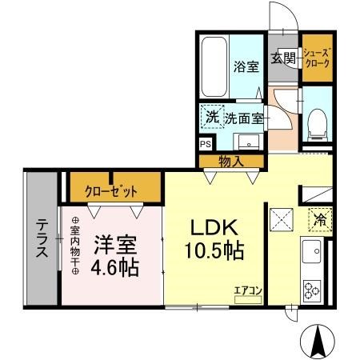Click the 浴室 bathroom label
pos(245,67)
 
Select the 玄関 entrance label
pos(282,58)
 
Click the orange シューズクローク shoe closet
pos(314,58)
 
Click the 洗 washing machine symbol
pos(211,118)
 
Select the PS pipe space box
pos(206,144)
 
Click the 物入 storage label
pos(231,162)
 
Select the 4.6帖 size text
pos(115,266)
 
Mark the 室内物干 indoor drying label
pos(75,246)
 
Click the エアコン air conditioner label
pos(248,292)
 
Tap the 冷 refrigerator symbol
pos(318,217)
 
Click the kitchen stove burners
pos(312,288)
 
